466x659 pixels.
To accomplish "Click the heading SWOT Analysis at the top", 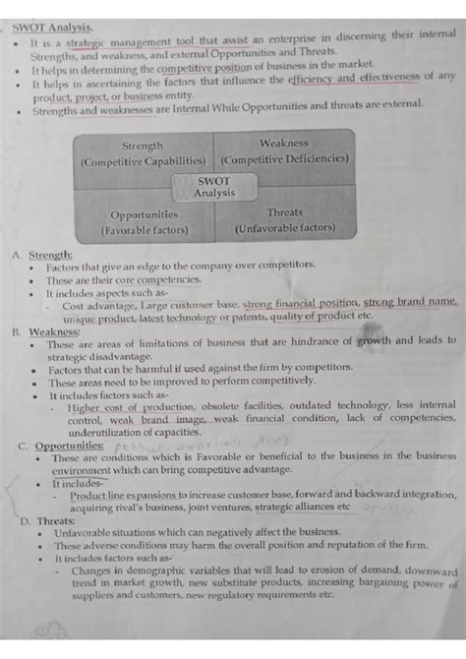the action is point(52,28).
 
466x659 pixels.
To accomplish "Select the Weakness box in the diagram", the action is point(284,150).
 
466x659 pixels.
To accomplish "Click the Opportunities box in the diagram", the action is point(144,221).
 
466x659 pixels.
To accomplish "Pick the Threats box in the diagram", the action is point(285,219).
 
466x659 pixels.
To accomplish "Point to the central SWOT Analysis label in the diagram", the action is point(214,187).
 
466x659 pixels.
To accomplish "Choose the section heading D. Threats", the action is point(48,521).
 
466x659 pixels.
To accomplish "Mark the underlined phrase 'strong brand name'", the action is point(410,304).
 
